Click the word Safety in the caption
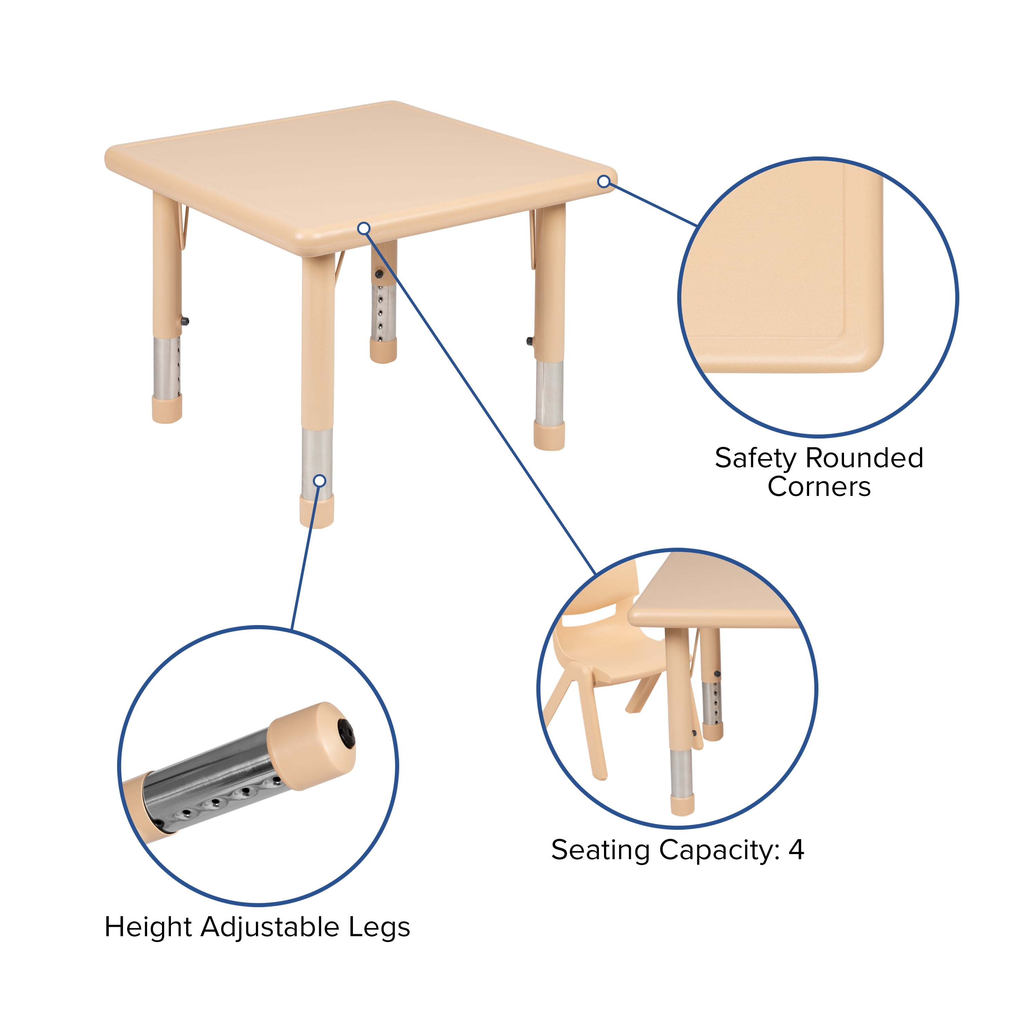click(755, 459)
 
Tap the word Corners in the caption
click(819, 487)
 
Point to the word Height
click(148, 927)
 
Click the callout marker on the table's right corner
click(604, 181)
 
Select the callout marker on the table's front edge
click(364, 228)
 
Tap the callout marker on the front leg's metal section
click(319, 480)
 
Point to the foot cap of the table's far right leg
click(549, 435)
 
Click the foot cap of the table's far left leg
click(167, 409)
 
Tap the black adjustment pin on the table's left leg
click(185, 322)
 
